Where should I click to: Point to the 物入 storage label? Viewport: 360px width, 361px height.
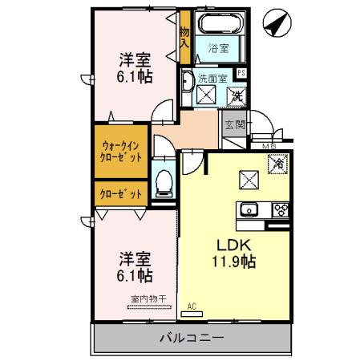point(184,37)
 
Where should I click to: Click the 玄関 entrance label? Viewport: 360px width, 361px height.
point(234,124)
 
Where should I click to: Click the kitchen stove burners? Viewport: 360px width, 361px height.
point(281,210)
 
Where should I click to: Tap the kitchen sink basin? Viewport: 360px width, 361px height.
point(245,210)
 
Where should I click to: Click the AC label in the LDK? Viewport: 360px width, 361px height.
point(192,306)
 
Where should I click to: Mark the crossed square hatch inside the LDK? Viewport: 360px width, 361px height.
point(248,178)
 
